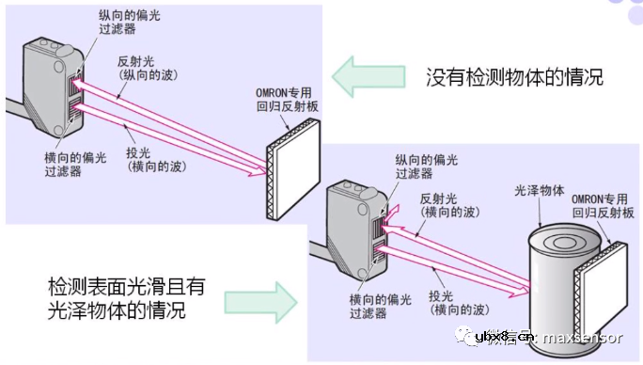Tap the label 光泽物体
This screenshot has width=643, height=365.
pyautogui.click(x=540, y=190)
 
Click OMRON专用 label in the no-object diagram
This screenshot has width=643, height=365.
pyautogui.click(x=287, y=102)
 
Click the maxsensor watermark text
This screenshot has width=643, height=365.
pyautogui.click(x=593, y=338)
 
